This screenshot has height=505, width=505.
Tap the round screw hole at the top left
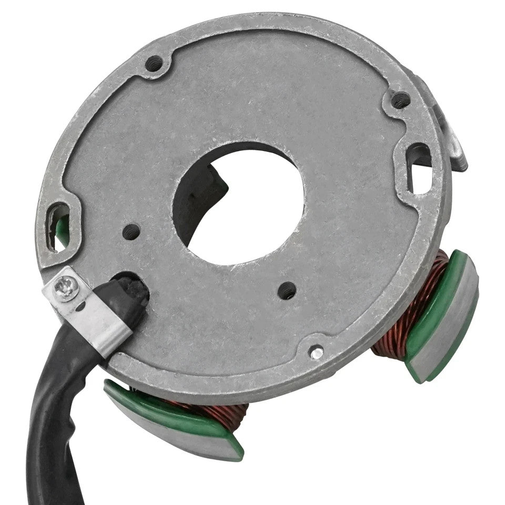153,64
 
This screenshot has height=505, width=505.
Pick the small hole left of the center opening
131,230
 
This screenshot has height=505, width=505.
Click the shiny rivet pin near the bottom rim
316,353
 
